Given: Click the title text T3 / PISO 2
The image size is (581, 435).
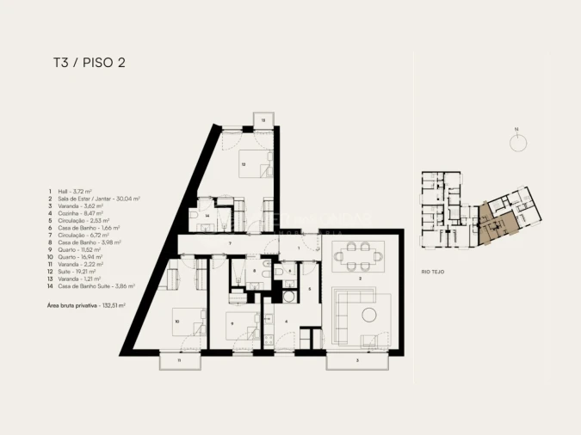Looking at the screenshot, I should (x=90, y=63).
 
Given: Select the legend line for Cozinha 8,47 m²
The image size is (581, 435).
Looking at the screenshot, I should (x=77, y=214).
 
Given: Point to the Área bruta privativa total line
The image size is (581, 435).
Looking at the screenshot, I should (x=86, y=305).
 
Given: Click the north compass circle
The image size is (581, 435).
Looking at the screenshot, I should (x=517, y=143).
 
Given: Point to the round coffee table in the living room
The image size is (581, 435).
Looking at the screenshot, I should (x=368, y=313).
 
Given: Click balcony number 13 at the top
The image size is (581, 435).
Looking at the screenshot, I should (x=263, y=119).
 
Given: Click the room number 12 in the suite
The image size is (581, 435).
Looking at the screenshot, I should (x=244, y=164).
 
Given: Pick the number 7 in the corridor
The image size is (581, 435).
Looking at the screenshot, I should (x=229, y=245).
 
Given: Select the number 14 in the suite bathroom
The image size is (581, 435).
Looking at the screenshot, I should (x=207, y=215).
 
